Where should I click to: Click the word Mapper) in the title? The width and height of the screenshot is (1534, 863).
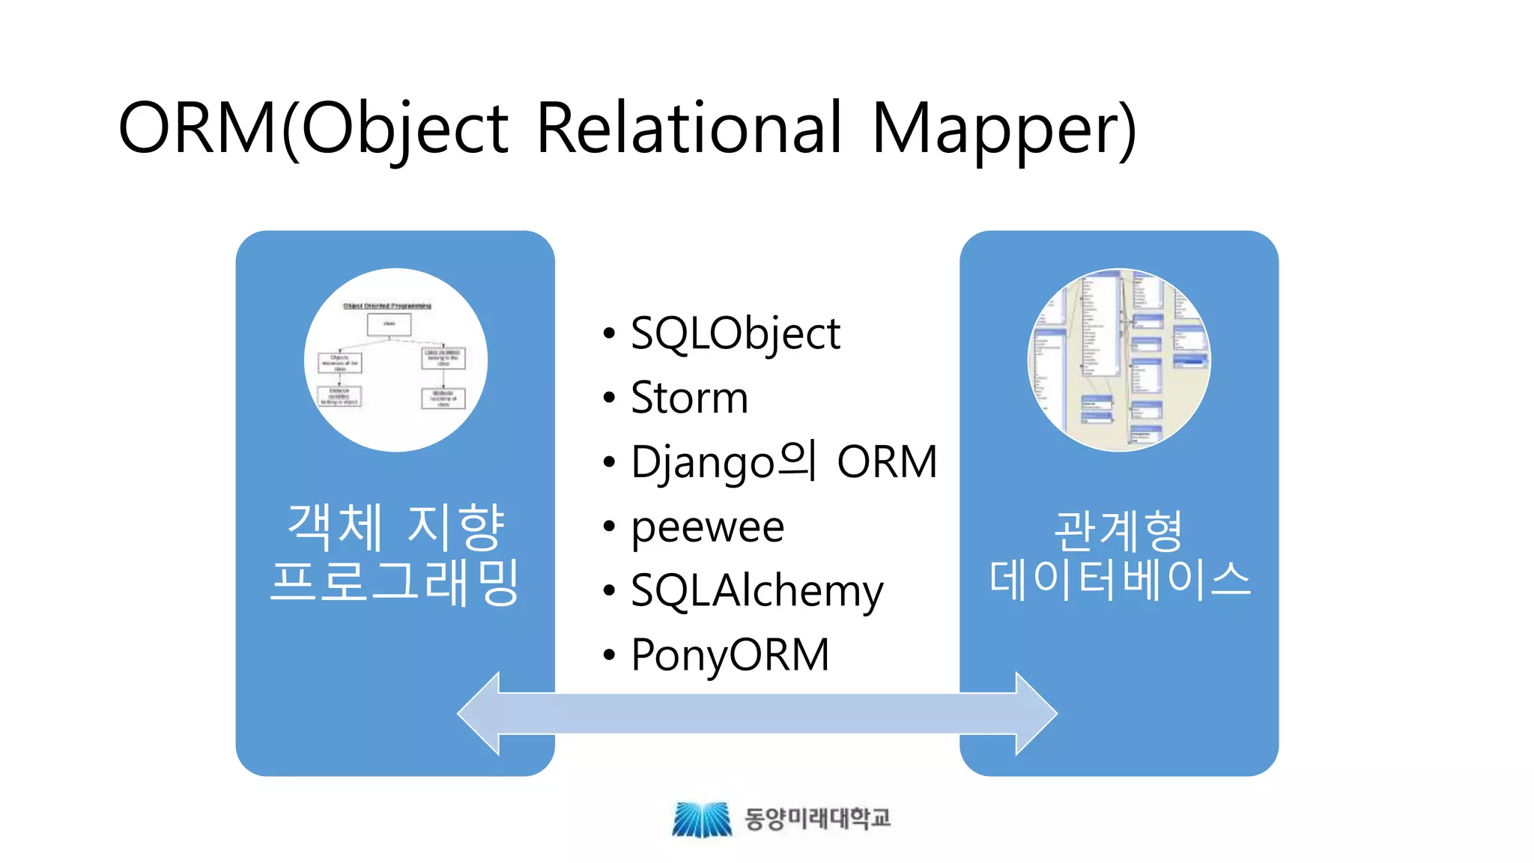click(x=1004, y=129)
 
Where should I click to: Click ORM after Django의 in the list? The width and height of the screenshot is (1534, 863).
click(x=887, y=461)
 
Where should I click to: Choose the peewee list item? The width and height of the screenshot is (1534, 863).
click(x=707, y=527)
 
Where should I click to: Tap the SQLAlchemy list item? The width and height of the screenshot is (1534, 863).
click(x=757, y=591)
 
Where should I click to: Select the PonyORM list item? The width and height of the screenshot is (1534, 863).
click(x=730, y=655)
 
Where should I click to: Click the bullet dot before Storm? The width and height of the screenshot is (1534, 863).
click(x=609, y=398)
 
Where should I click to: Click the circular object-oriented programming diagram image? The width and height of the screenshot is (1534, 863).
click(x=395, y=360)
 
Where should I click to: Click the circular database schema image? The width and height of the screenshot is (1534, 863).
click(x=1119, y=360)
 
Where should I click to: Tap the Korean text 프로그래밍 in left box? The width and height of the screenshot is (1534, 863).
click(x=395, y=581)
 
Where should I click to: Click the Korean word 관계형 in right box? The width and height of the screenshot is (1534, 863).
click(x=1118, y=530)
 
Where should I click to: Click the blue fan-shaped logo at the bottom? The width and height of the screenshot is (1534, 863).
click(x=701, y=819)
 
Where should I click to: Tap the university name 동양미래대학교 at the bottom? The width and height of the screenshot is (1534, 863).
click(x=817, y=818)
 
